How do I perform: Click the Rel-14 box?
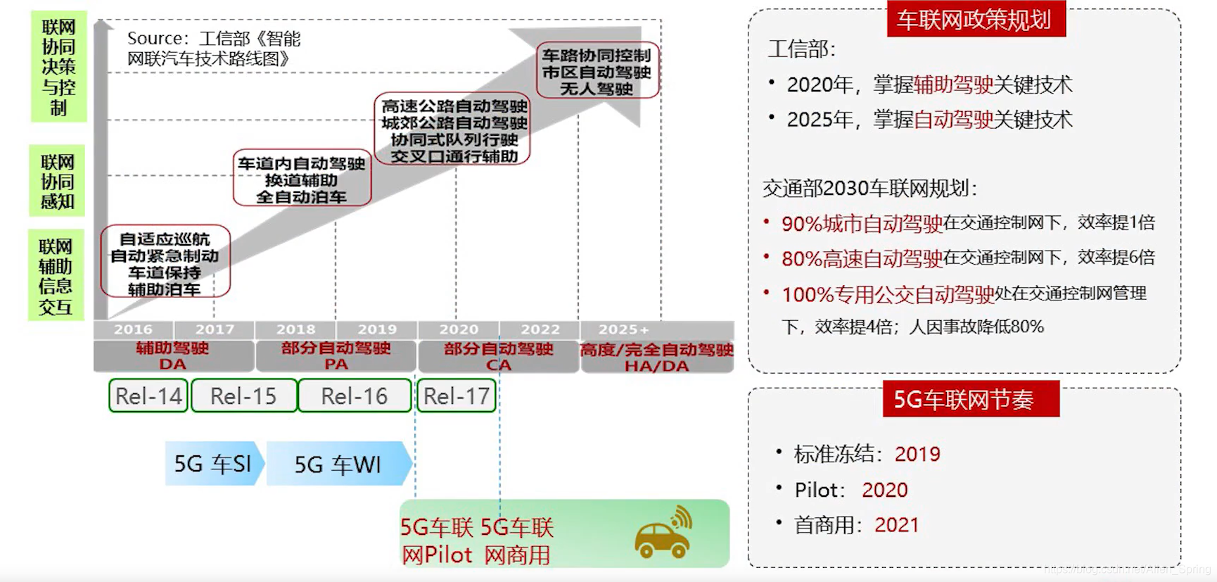148,396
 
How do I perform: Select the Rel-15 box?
243,396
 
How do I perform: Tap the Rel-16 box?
355,396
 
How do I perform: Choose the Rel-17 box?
457,396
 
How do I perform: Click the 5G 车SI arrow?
213,464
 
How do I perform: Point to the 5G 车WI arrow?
338,464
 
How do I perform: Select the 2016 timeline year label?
133,329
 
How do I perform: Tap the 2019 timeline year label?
377,329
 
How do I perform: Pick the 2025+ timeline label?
623,329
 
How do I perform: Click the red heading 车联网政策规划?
974,20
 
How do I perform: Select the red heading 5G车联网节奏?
963,399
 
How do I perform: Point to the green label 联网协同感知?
57,182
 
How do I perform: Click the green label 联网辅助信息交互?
56,276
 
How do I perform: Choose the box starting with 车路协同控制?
597,71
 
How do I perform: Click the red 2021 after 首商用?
896,525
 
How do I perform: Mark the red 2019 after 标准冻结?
917,454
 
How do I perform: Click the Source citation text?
213,48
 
